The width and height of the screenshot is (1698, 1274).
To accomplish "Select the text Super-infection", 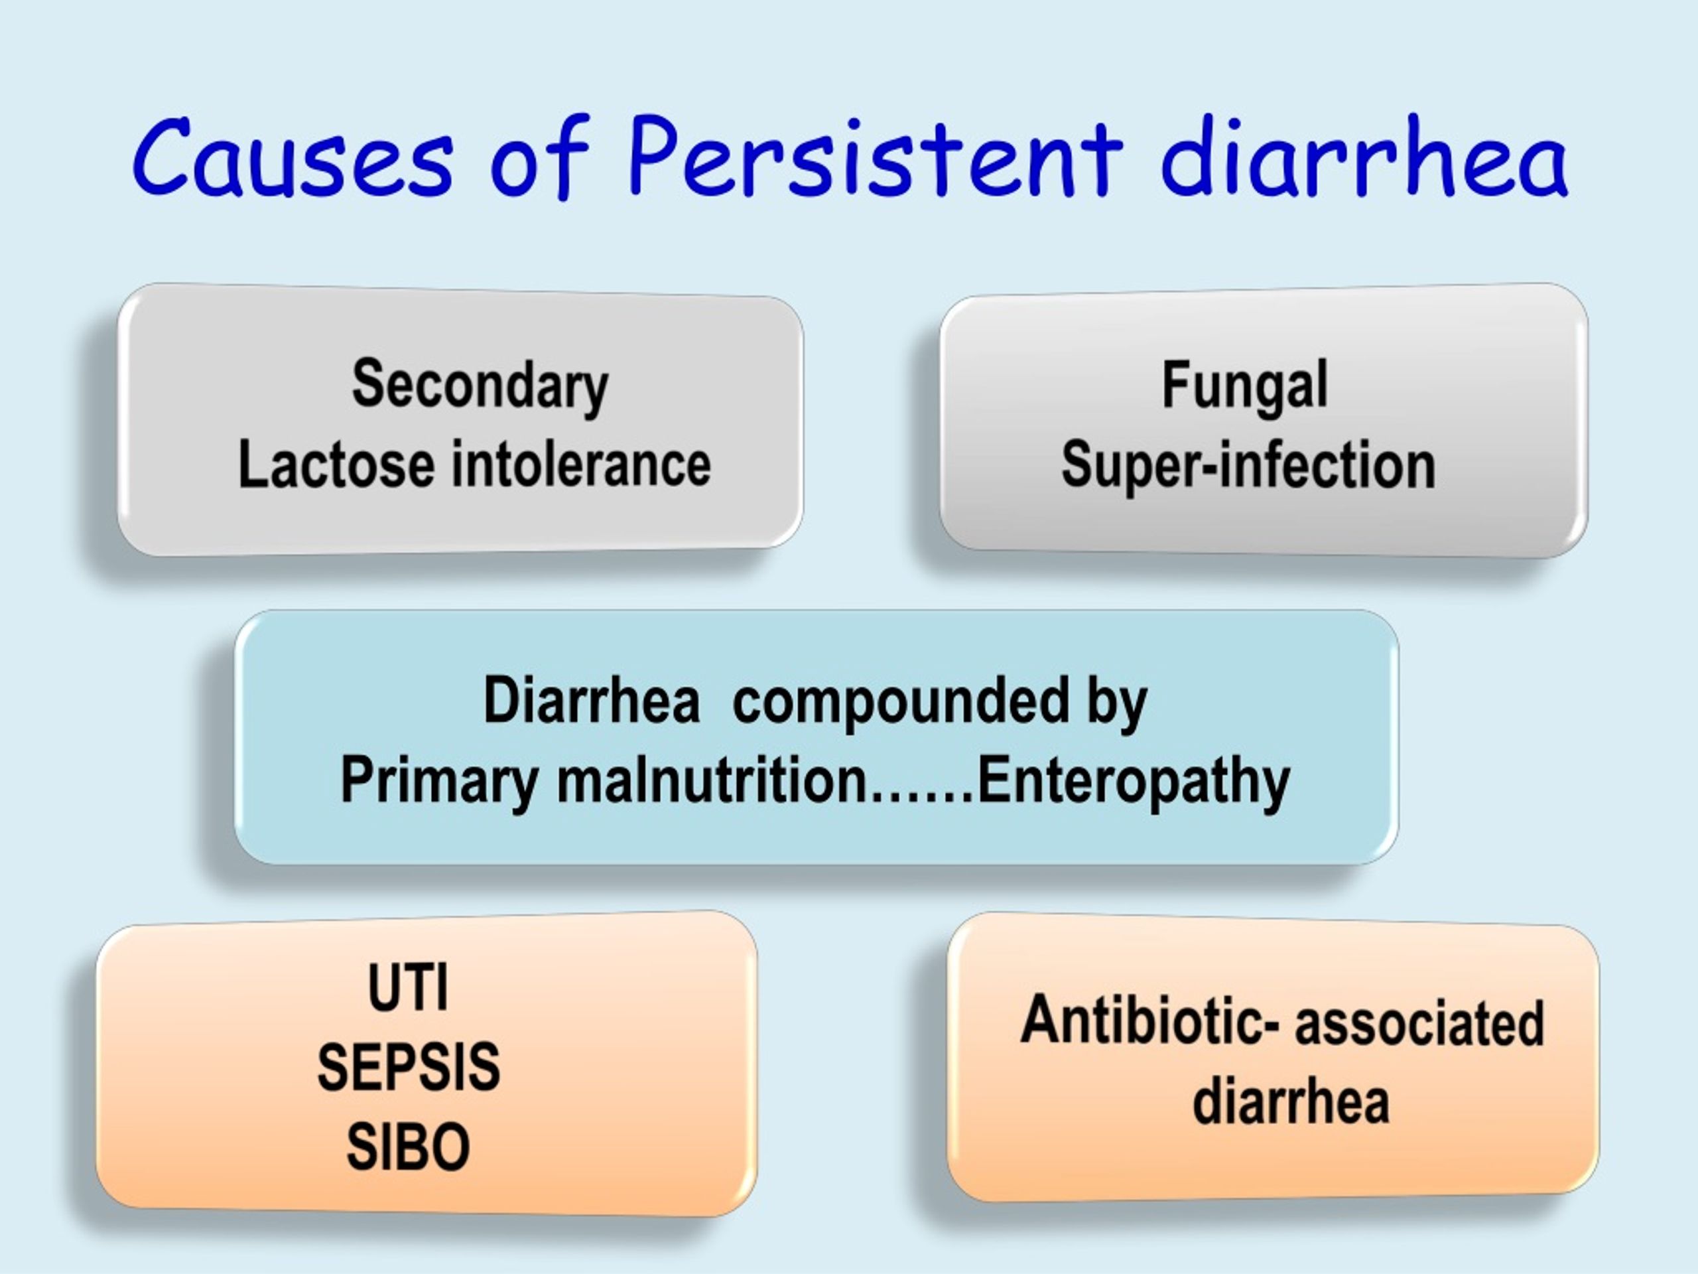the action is point(1248,465).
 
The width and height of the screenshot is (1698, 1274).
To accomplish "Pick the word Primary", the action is point(439,782).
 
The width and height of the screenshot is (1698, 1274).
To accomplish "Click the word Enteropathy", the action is point(1134,782).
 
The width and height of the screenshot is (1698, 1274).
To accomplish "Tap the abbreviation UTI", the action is point(408,987).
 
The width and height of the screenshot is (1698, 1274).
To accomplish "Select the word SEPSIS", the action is point(409,1067).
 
